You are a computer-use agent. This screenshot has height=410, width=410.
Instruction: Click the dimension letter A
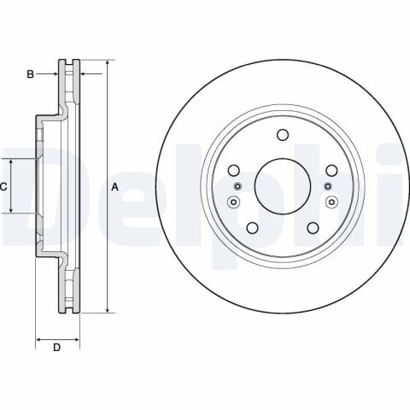pyautogui.click(x=114, y=187)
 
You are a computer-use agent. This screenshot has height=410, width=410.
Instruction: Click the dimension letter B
pyautogui.click(x=30, y=74)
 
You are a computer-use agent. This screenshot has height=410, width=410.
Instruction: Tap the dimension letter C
pyautogui.click(x=3, y=187)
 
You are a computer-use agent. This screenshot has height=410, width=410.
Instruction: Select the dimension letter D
pyautogui.click(x=57, y=348)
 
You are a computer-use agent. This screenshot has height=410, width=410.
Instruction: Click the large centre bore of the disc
pyautogui.click(x=283, y=186)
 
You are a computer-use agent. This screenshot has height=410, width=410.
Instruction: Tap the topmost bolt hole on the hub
pyautogui.click(x=283, y=135)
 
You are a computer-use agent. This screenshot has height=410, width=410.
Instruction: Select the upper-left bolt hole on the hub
pyautogui.click(x=234, y=170)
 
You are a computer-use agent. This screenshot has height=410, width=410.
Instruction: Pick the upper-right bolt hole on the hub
pyautogui.click(x=331, y=170)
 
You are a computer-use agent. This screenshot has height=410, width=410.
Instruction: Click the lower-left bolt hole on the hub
pyautogui.click(x=252, y=228)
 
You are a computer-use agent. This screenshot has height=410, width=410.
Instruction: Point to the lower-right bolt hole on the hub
pyautogui.click(x=313, y=228)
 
